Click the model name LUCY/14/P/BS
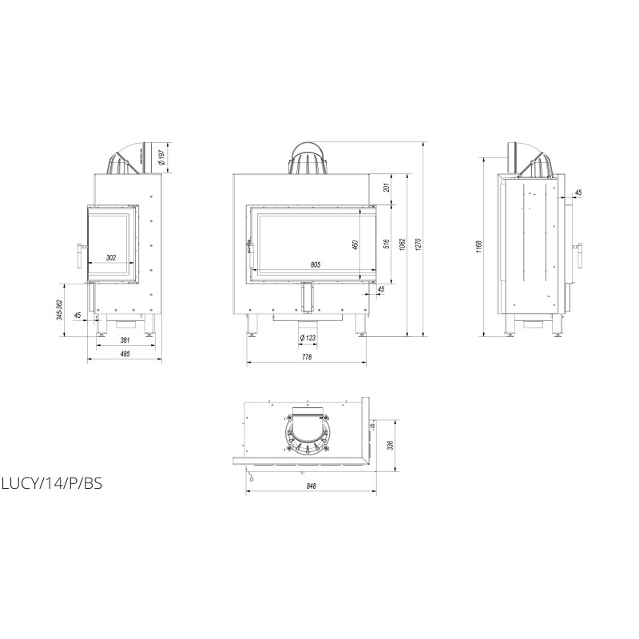pos(52,483)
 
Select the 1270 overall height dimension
pos(417,244)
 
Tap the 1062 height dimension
pos(402,244)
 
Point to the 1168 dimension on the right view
pos(478,247)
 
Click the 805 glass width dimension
pos(316,265)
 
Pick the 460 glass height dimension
pos(355,245)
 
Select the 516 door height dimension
pos(387,244)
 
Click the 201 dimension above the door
pos(387,187)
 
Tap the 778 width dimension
pos(307,357)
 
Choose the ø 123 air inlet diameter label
pos(308,338)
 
